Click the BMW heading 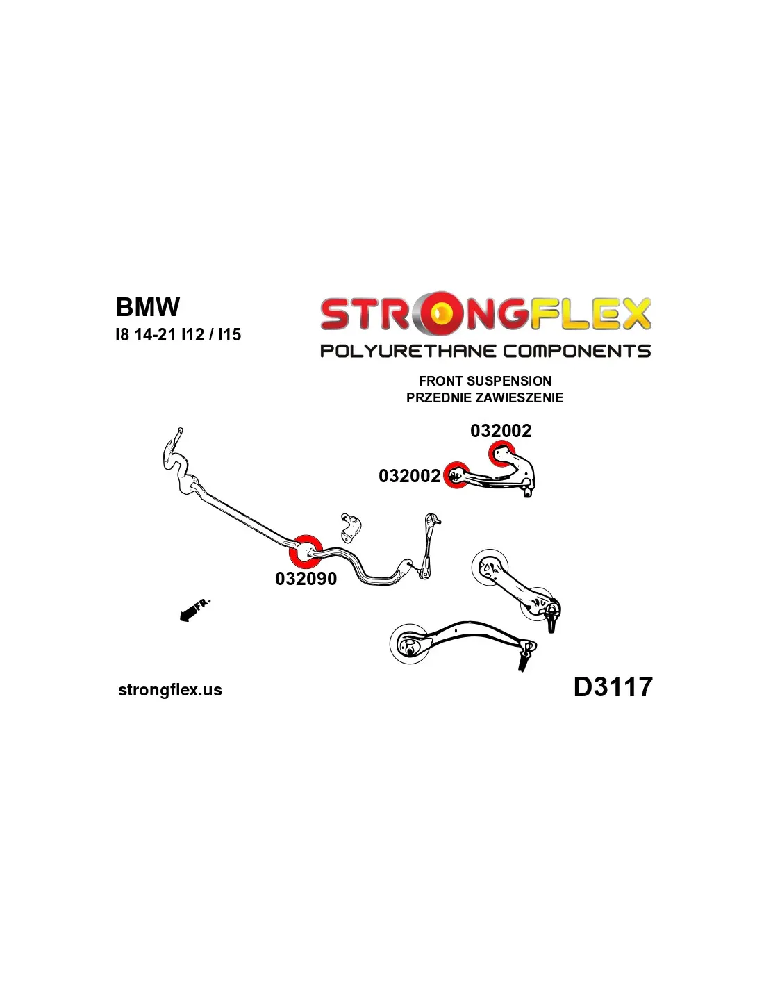tap(147, 307)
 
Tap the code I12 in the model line tap(192, 335)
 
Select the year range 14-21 tap(155, 335)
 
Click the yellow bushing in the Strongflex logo tap(440, 314)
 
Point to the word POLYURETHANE tap(408, 351)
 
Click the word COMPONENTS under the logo tap(576, 351)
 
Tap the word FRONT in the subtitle tap(441, 381)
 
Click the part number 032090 tap(306, 579)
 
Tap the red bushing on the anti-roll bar tap(305, 551)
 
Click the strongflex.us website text tap(170, 690)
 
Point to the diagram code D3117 tap(613, 687)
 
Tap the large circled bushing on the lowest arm tap(409, 643)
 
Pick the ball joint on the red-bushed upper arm tap(528, 489)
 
